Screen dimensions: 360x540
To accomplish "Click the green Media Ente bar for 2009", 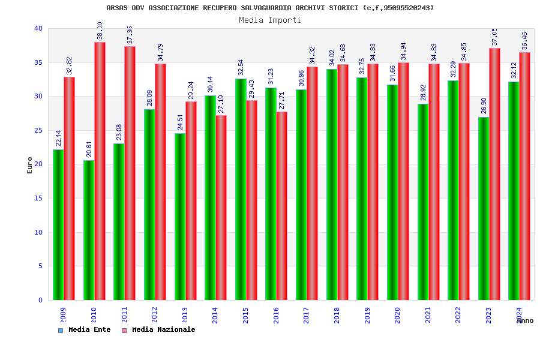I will tap(58, 225).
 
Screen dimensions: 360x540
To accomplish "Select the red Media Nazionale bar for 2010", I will tap(100, 171).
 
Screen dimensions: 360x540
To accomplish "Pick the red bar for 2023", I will tap(494, 174).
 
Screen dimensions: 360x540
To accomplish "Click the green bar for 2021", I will tap(423, 202).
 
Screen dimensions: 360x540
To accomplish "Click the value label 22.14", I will tap(59, 138).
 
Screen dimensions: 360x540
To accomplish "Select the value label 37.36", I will tap(130, 35).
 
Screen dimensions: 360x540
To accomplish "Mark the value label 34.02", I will tap(332, 58).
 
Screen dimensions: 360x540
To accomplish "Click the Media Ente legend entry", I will tap(85, 329).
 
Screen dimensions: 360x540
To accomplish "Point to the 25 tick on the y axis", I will tap(38, 130).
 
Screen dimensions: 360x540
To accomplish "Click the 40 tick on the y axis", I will tap(38, 28).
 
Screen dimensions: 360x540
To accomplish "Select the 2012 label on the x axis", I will tap(155, 315).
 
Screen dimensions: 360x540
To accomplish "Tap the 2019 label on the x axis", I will tap(367, 315).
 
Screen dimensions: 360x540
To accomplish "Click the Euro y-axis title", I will tap(30, 165).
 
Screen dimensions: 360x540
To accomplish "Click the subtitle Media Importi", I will tap(270, 20).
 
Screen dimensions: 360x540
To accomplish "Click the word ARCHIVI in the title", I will tap(311, 8).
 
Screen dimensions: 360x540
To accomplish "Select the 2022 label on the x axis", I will tap(458, 315).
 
